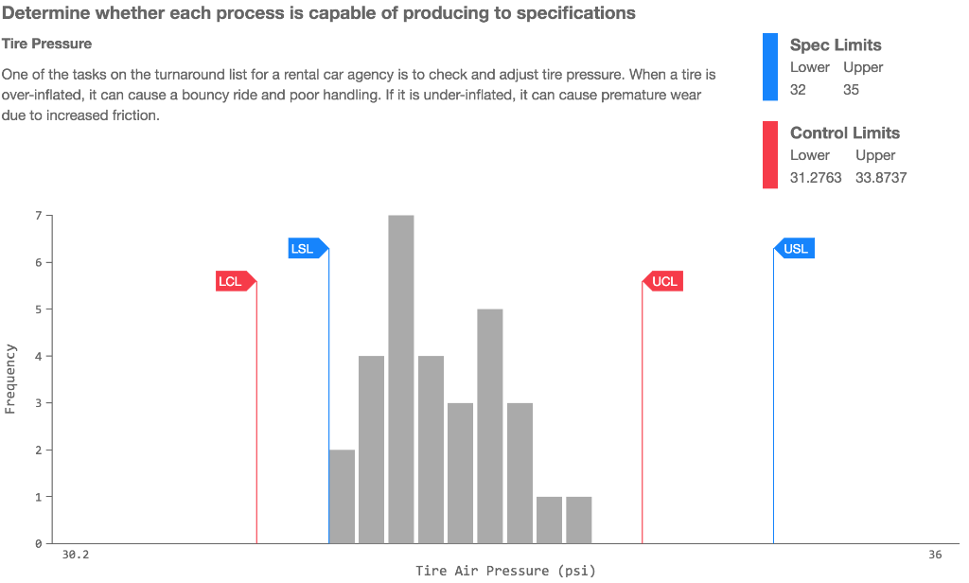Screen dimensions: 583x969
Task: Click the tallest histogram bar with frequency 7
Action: pyautogui.click(x=401, y=379)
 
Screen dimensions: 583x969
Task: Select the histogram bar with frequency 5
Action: pyautogui.click(x=489, y=426)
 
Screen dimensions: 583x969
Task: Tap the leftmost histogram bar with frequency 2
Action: pyautogui.click(x=342, y=496)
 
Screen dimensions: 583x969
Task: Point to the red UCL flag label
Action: pyautogui.click(x=665, y=281)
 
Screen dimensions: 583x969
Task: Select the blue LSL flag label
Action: pyautogui.click(x=304, y=249)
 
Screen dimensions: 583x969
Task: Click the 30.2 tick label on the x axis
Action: pyautogui.click(x=76, y=555)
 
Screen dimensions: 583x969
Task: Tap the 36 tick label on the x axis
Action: pyautogui.click(x=935, y=555)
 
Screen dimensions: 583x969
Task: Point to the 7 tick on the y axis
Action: pyautogui.click(x=39, y=216)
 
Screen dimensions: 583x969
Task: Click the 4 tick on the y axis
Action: pyautogui.click(x=39, y=356)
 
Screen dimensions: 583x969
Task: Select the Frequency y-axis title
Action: pyautogui.click(x=10, y=379)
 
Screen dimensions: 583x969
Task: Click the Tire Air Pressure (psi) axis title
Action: pyautogui.click(x=505, y=571)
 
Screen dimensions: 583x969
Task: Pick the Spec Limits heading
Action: pyautogui.click(x=836, y=45)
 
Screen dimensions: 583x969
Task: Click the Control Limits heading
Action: pyautogui.click(x=845, y=133)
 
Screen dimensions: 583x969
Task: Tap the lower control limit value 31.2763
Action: pyautogui.click(x=816, y=178)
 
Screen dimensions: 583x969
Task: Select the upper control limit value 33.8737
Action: pyautogui.click(x=881, y=178)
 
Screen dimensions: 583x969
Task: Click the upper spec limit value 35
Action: pyautogui.click(x=852, y=90)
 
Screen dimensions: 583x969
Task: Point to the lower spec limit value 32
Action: pyautogui.click(x=799, y=90)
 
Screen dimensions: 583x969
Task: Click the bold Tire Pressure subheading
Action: pyautogui.click(x=46, y=44)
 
